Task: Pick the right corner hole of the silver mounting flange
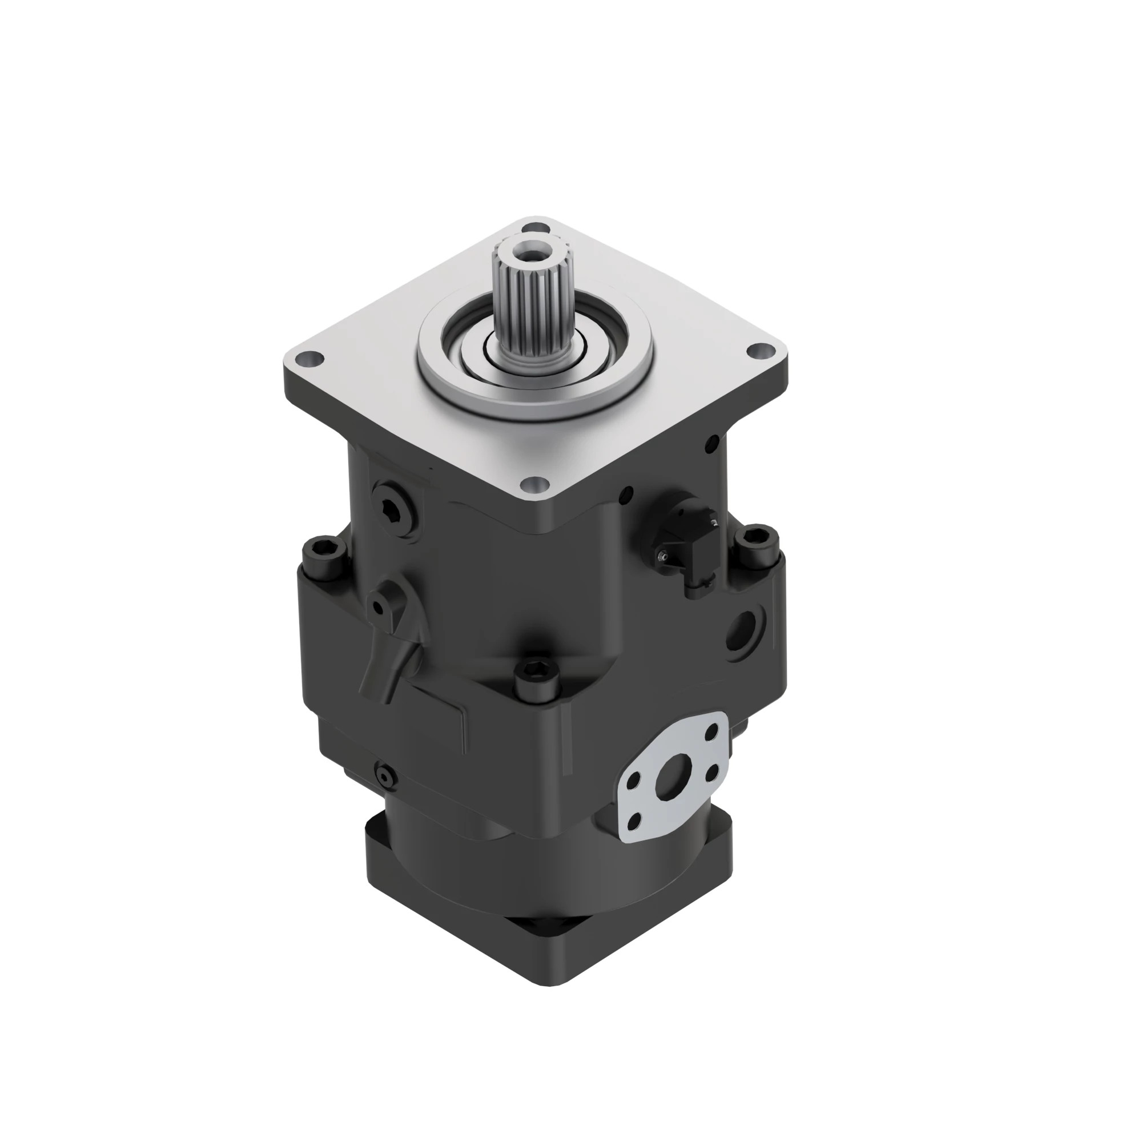pos(762,351)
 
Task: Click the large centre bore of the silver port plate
pos(672,779)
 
